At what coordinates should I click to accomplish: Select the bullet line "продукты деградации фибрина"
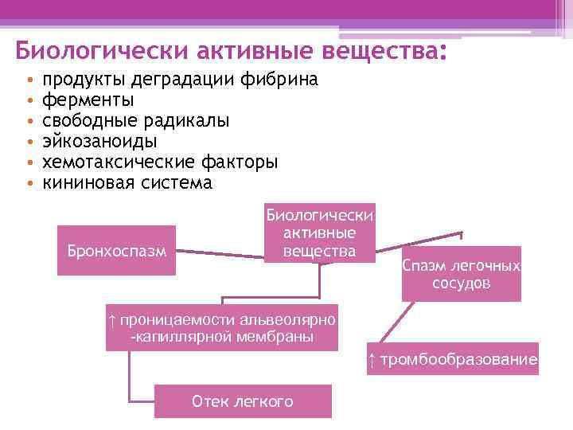tap(180, 80)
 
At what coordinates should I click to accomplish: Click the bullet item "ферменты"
tap(88, 100)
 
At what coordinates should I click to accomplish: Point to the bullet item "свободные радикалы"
tap(135, 121)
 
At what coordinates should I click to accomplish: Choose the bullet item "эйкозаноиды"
tap(99, 142)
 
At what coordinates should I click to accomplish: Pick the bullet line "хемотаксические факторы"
tap(159, 162)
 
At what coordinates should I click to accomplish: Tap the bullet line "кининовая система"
tap(127, 183)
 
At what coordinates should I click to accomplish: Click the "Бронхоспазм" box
tap(116, 250)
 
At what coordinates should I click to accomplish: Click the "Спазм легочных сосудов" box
tap(462, 274)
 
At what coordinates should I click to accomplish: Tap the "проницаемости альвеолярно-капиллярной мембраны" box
tap(222, 327)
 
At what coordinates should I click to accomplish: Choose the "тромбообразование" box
tap(452, 360)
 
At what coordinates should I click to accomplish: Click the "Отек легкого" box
tap(243, 401)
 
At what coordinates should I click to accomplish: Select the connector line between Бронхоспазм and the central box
tap(220, 253)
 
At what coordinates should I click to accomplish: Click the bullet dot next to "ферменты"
tap(29, 101)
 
